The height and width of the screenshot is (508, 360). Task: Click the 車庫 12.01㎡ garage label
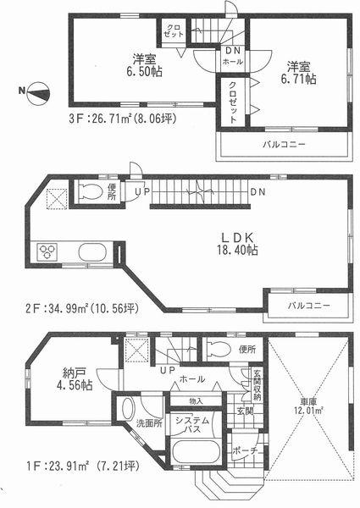pos(310,403)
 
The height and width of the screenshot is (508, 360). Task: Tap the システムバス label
pos(192,426)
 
